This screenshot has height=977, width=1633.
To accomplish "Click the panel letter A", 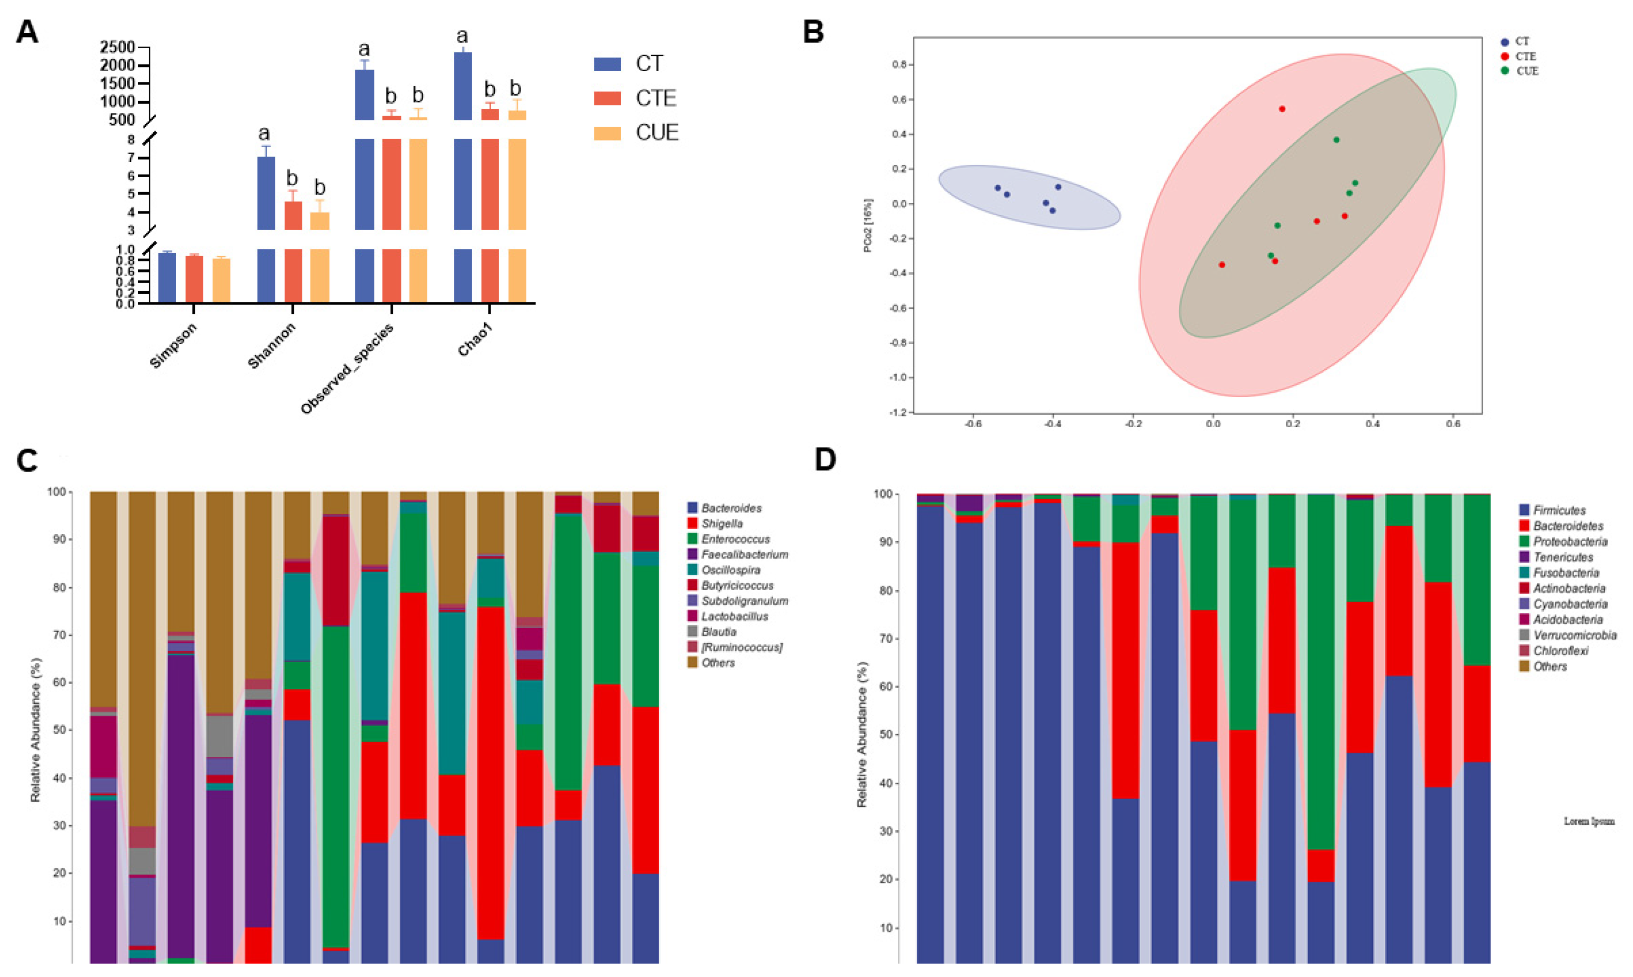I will (x=27, y=32).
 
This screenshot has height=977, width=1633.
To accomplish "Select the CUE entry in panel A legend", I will (x=656, y=133).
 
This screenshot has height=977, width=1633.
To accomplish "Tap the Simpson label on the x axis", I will (x=173, y=346).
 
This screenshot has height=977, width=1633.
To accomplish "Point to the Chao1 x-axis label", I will (x=476, y=340).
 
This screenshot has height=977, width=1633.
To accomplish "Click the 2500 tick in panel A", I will (x=117, y=48).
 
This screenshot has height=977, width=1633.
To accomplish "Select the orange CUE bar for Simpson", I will (x=221, y=280).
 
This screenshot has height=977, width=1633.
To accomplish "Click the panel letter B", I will (x=814, y=32).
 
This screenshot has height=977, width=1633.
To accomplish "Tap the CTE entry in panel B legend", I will (x=1525, y=57).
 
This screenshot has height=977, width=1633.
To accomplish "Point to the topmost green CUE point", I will (x=1336, y=140).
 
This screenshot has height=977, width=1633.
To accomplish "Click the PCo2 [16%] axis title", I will (x=869, y=226).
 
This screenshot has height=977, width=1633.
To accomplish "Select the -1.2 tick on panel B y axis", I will (x=897, y=412).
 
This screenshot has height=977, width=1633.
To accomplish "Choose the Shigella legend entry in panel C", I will (x=722, y=524).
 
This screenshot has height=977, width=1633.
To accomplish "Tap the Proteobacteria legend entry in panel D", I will (x=1570, y=542).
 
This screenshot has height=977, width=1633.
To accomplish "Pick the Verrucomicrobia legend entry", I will (x=1575, y=635).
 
